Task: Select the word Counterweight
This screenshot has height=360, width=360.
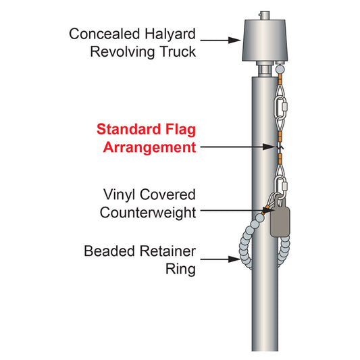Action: tap(148, 212)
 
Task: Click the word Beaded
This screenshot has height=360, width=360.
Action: tap(109, 252)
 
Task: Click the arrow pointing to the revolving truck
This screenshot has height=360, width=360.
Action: tap(220, 41)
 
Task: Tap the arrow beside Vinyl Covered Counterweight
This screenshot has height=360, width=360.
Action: tap(233, 211)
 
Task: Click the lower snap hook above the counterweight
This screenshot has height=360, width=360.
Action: tap(282, 183)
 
